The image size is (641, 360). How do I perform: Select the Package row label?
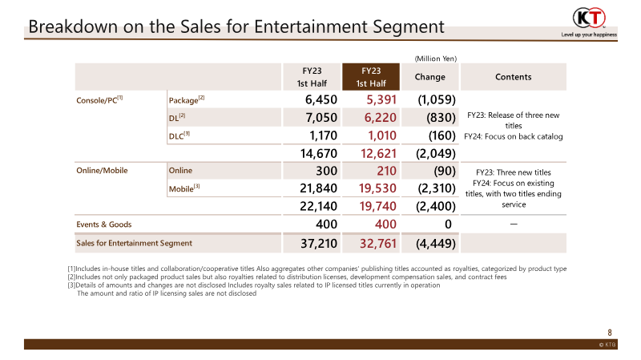186,100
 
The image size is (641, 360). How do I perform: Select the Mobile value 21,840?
316,189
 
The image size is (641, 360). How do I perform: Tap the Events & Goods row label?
104,224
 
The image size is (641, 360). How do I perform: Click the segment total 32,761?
373,242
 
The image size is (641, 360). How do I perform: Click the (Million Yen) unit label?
435,58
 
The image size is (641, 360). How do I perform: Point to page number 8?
610,331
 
